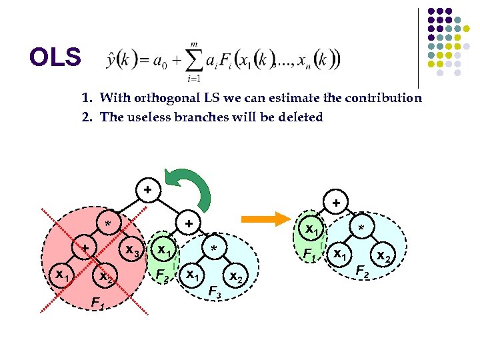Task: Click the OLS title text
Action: point(55,59)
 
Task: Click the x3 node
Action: point(133,253)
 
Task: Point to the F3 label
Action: point(215,291)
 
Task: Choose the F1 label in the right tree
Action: point(309,254)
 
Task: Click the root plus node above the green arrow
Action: point(147,189)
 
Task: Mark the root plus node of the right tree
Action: point(337,201)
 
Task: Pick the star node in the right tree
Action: point(361,229)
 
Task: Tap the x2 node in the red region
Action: point(105,275)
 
